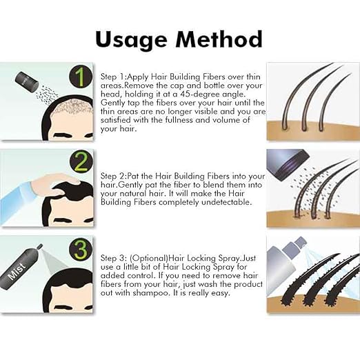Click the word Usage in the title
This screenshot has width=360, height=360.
pyautogui.click(x=131, y=40)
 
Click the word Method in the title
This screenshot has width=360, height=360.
pyautogui.click(x=219, y=39)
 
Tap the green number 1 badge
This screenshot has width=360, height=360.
pyautogui.click(x=81, y=77)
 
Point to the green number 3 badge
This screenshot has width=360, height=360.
pyautogui.click(x=81, y=249)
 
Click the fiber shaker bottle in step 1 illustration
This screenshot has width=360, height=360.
pyautogui.click(x=27, y=81)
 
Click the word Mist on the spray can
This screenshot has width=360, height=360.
pyautogui.click(x=17, y=271)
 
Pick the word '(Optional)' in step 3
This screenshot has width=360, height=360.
pyautogui.click(x=149, y=259)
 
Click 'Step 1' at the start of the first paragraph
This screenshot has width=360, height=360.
pyautogui.click(x=112, y=77)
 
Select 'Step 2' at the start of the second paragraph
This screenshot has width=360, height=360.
pyautogui.click(x=113, y=177)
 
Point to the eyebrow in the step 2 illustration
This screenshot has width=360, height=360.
pyautogui.click(x=63, y=220)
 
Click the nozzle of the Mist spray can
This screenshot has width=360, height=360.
pyautogui.click(x=39, y=247)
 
